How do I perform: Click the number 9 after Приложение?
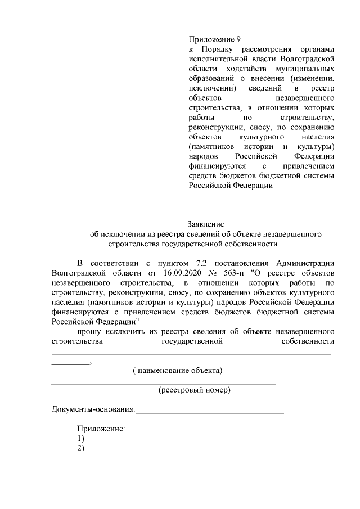coord(238,39)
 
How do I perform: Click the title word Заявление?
coord(206,224)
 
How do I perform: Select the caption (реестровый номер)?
coord(194,389)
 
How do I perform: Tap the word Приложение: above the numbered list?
coord(101,429)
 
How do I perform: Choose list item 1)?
coord(81,438)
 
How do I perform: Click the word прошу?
coord(89,330)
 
